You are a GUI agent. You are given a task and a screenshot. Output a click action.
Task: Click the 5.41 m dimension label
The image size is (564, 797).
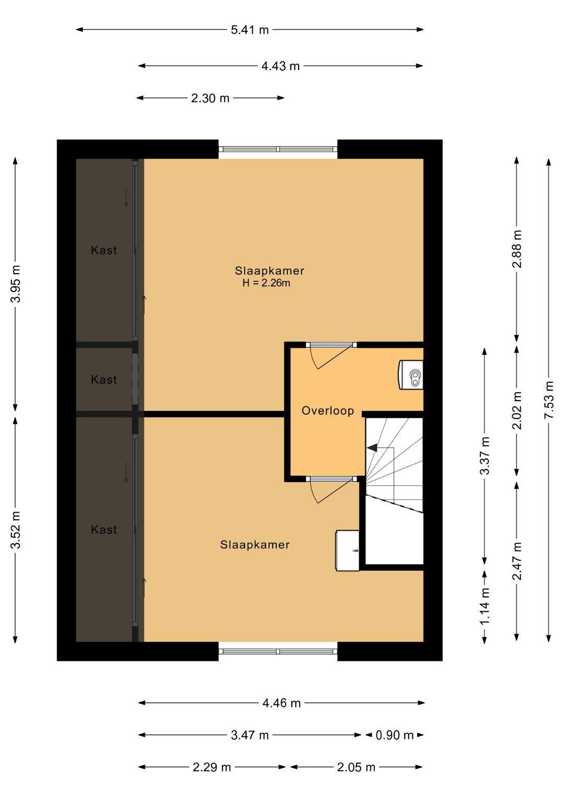click(250, 30)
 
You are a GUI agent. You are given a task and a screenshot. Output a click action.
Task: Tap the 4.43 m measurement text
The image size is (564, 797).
click(280, 66)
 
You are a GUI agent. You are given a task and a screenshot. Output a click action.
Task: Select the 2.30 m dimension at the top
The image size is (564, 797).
click(210, 98)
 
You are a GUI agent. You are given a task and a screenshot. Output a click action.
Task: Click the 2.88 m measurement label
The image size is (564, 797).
click(517, 249)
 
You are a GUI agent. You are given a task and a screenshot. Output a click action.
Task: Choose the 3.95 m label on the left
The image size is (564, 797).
click(15, 284)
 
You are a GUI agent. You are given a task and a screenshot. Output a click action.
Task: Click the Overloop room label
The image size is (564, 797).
click(328, 411)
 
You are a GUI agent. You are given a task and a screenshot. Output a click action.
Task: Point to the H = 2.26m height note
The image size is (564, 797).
click(266, 283)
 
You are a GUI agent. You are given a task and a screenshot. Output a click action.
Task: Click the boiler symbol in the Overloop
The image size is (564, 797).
click(412, 375)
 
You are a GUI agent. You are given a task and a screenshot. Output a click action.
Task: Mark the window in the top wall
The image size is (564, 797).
click(278, 149)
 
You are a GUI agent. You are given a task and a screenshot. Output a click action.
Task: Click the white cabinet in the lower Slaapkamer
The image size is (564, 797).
click(348, 551)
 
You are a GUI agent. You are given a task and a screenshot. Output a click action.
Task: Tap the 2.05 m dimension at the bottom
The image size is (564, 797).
click(356, 767)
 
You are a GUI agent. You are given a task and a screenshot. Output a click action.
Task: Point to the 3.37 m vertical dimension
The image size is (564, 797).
click(485, 455)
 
